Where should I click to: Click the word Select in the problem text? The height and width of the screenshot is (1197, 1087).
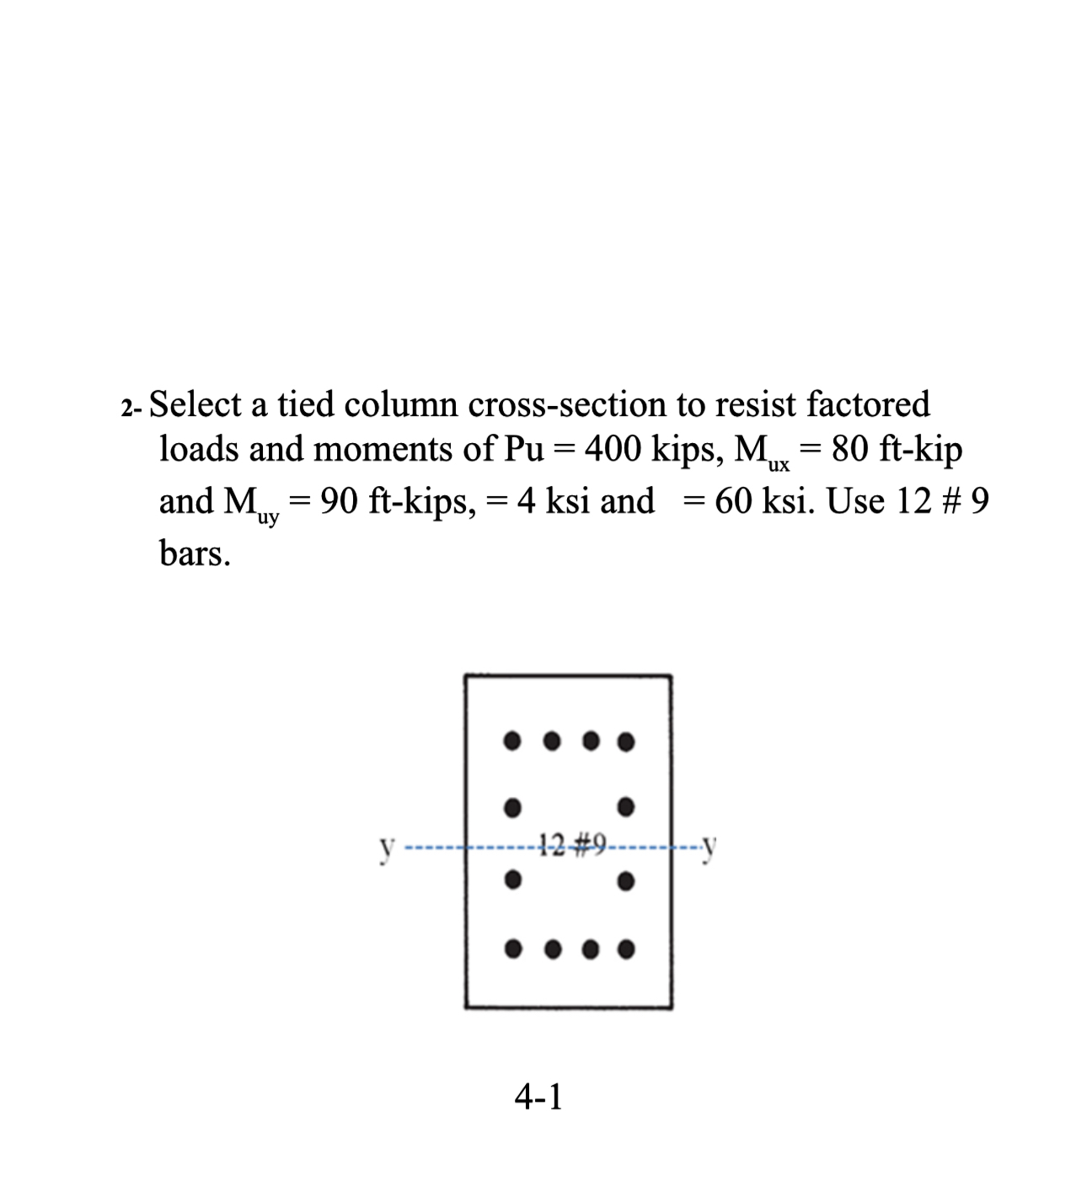(x=196, y=404)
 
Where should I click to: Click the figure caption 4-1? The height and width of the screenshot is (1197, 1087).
(x=538, y=1097)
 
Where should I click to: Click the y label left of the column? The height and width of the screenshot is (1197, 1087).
(x=386, y=845)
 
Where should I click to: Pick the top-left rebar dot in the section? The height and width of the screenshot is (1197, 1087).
(x=511, y=741)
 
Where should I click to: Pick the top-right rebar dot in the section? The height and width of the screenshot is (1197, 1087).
(x=625, y=742)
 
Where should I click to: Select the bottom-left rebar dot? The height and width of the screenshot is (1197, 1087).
(x=511, y=949)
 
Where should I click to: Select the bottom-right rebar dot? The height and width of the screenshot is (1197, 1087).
(x=625, y=949)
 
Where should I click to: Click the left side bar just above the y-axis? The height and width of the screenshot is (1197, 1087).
(x=510, y=806)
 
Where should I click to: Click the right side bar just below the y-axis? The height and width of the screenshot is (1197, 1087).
(x=625, y=882)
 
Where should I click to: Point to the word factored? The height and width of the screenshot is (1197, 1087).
(x=868, y=404)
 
